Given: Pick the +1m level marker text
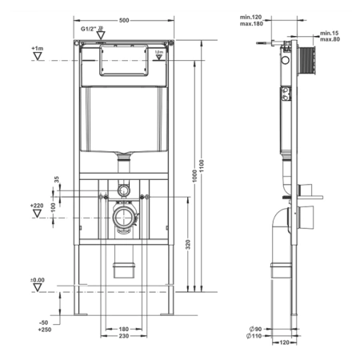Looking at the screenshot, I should point(37,49).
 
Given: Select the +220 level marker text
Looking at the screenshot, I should point(36,206).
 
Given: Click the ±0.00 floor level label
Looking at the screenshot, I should point(37,279).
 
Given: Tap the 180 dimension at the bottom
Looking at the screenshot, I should point(123,329).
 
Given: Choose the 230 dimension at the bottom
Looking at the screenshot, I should point(123,338).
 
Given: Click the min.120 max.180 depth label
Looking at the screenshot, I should point(250,21).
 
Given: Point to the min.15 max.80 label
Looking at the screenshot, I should point(328,36).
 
